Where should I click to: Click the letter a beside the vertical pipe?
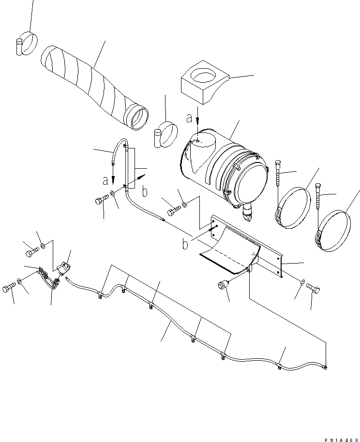pos(105,181)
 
